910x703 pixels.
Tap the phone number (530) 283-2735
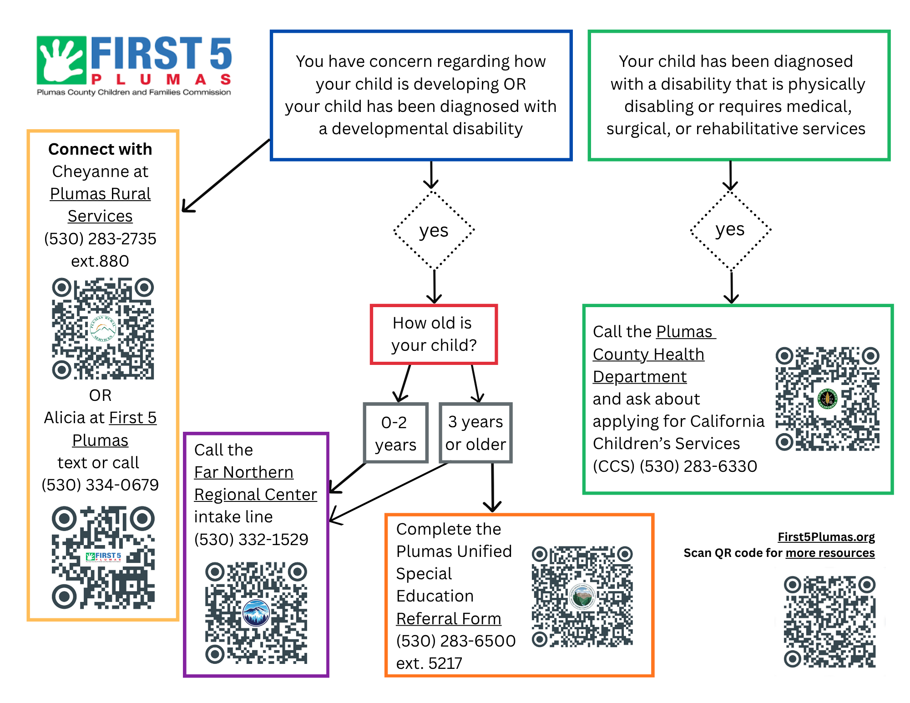pyautogui.click(x=100, y=239)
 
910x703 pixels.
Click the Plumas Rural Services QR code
pyautogui.click(x=103, y=329)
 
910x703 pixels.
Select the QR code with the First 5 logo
pyautogui.click(x=103, y=557)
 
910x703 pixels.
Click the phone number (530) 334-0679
pyautogui.click(x=100, y=485)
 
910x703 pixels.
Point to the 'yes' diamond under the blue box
pyautogui.click(x=434, y=230)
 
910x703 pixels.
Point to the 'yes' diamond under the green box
pyautogui.click(x=730, y=230)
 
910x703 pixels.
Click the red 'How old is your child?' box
pyautogui.click(x=434, y=334)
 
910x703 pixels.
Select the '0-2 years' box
pyautogui.click(x=395, y=433)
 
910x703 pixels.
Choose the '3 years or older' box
pyautogui.click(x=475, y=433)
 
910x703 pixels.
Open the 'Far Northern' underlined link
pyautogui.click(x=243, y=472)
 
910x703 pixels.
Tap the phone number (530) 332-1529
pyautogui.click(x=251, y=540)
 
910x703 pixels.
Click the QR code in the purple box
pyautogui.click(x=256, y=613)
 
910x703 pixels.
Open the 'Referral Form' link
pyautogui.click(x=449, y=619)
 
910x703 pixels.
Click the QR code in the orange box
pyautogui.click(x=582, y=597)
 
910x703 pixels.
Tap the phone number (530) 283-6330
pyautogui.click(x=698, y=466)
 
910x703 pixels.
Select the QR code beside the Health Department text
pyautogui.click(x=827, y=399)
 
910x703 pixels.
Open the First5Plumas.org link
pyautogui.click(x=826, y=537)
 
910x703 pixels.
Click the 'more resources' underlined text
pyautogui.click(x=830, y=553)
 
